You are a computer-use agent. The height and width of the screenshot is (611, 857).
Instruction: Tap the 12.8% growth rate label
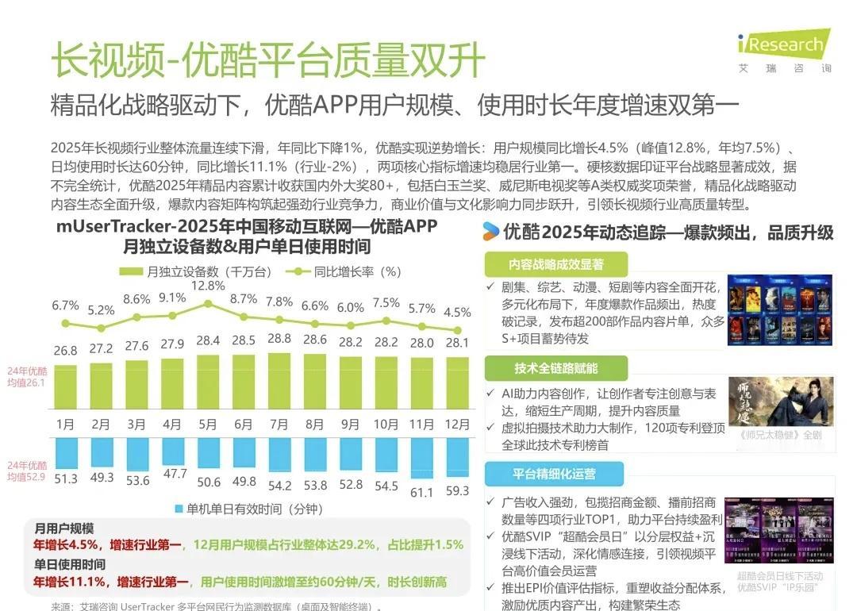pos(208,286)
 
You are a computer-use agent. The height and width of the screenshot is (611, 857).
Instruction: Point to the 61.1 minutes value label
pos(421,493)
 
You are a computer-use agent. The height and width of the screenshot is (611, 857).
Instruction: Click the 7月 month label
pos(279,423)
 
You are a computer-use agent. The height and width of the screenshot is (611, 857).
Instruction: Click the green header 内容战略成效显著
pos(555,264)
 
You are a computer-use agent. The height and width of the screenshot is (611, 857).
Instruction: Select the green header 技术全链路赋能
pos(555,368)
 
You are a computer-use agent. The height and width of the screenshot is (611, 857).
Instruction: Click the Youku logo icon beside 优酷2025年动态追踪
pos(491,232)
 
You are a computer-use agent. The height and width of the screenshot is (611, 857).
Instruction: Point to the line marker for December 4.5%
pos(457,330)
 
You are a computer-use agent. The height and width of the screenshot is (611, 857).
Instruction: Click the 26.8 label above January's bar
pos(65,350)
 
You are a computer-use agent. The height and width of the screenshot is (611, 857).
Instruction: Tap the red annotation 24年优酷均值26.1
pos(38,376)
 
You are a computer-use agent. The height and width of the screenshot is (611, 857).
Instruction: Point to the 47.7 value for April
pos(172,473)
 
